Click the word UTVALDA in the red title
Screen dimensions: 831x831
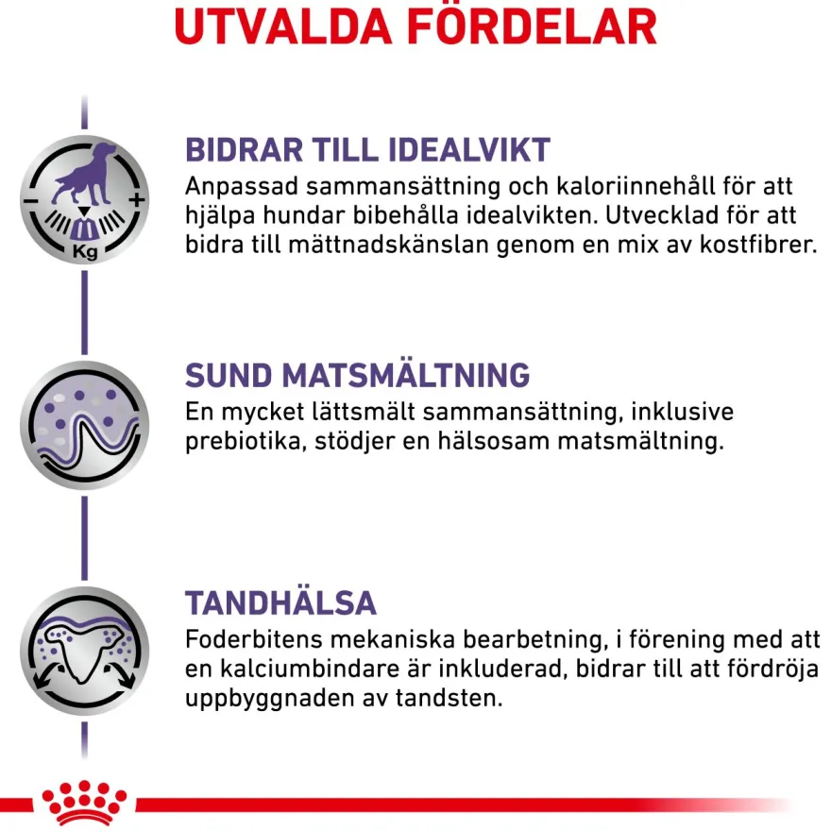(x=283, y=26)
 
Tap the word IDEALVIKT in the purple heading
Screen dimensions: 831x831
(x=469, y=149)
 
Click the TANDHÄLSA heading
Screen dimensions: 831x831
(x=280, y=602)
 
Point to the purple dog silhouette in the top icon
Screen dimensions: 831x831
(x=85, y=174)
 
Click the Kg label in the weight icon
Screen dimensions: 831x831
(x=85, y=250)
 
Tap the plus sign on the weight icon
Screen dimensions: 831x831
(x=136, y=200)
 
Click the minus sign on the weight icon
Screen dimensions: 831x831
(x=29, y=201)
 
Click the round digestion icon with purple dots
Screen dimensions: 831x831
(x=84, y=425)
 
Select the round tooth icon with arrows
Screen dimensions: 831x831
(x=84, y=651)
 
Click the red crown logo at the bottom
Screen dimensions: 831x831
(x=84, y=802)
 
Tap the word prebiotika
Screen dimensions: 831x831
(x=244, y=442)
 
